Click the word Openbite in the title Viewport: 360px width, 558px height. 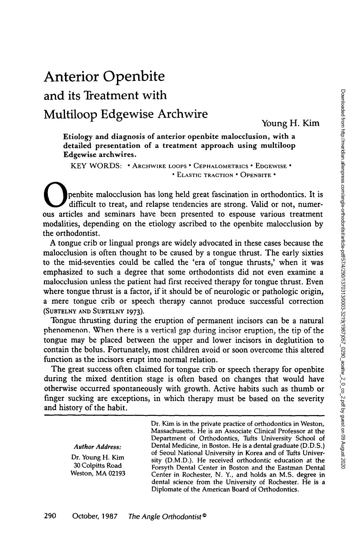point(133,77)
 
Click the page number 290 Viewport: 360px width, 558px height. point(51,516)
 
